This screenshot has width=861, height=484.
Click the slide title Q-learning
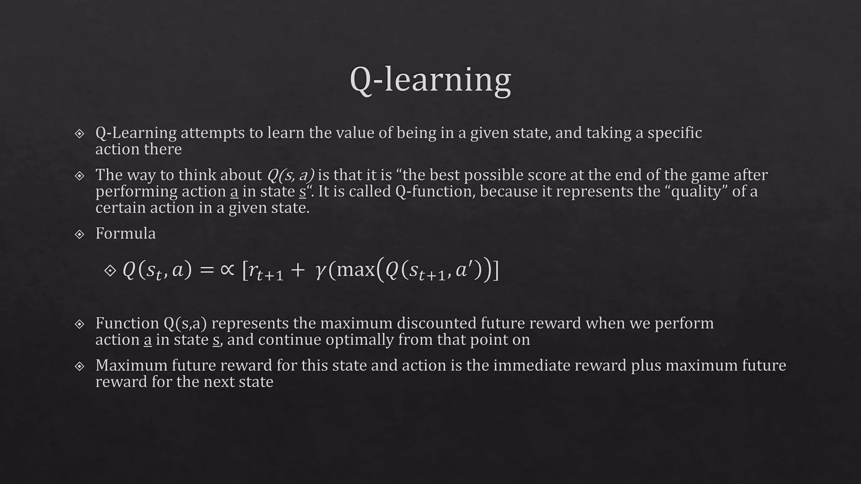click(x=430, y=80)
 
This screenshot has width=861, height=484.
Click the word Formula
click(x=125, y=234)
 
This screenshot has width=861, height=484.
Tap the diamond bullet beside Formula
click(x=79, y=234)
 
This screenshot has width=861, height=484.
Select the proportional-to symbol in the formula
click(x=227, y=269)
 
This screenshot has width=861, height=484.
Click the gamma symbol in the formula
click(x=320, y=271)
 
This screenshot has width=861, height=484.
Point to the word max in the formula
click(x=356, y=270)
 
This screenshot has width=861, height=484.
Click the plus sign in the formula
click(x=297, y=270)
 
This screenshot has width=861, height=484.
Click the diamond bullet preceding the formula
click(x=110, y=270)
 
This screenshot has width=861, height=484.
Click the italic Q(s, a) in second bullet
click(x=291, y=175)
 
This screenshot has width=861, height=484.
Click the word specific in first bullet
click(x=674, y=133)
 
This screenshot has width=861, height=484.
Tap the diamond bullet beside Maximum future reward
click(x=79, y=366)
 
